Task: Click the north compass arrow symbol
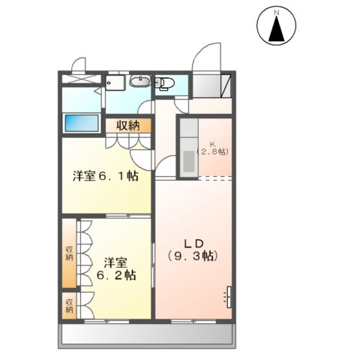276,30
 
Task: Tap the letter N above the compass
276,13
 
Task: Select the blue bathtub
81,122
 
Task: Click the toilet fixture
164,83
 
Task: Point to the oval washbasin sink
139,82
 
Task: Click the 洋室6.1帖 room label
105,176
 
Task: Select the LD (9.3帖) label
191,250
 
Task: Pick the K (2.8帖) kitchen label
212,148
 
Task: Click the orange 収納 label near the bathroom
127,125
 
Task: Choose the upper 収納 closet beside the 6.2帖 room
69,253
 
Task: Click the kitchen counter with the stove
187,148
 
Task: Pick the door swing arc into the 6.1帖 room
141,156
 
